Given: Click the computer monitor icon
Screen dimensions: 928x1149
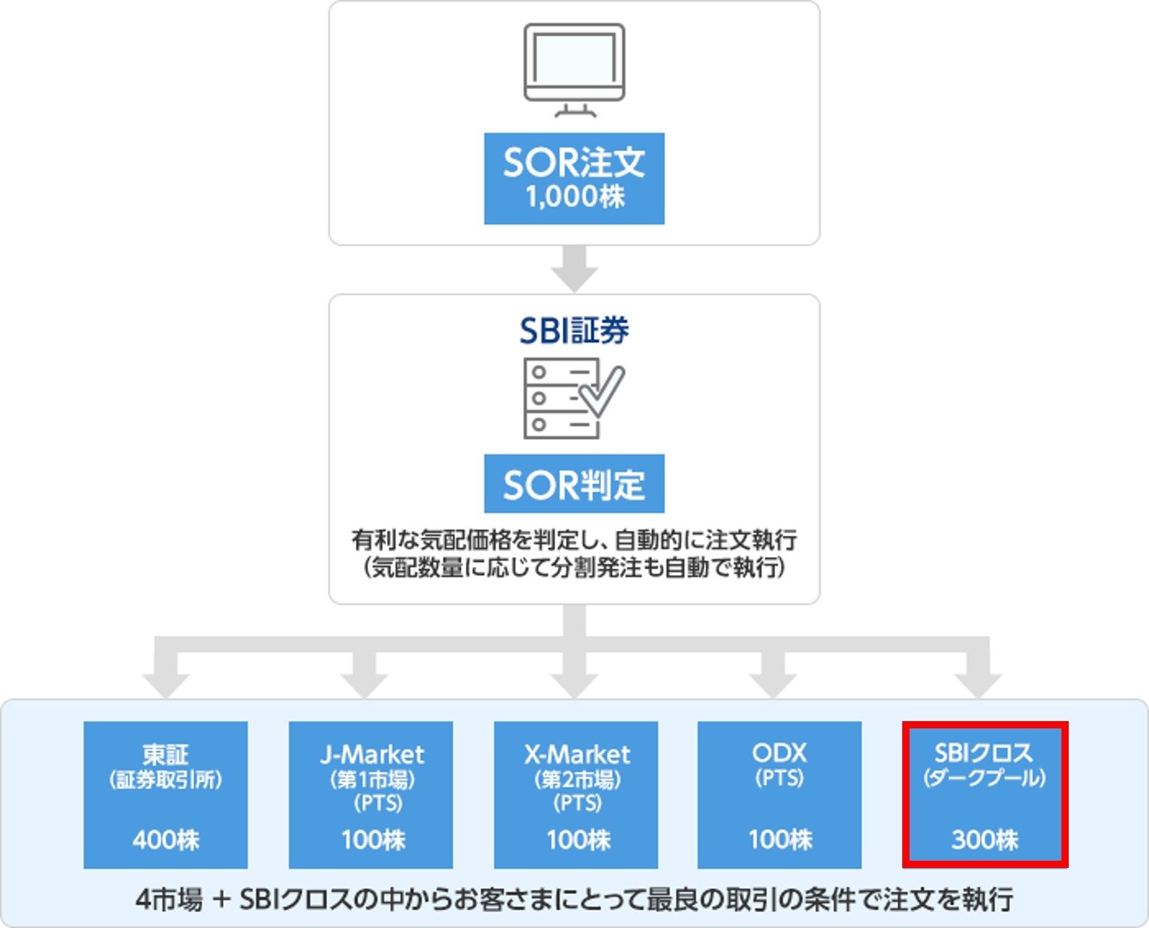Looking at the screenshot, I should tap(574, 69).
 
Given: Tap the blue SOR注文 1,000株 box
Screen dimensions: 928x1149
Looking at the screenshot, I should tap(574, 178).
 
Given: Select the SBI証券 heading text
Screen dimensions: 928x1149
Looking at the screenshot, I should tap(574, 331).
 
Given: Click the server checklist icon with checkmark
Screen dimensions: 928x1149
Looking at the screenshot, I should tap(572, 398).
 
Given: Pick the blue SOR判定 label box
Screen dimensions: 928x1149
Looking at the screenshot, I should tap(574, 484).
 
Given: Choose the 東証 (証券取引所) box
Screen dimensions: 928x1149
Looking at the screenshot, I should tap(165, 794).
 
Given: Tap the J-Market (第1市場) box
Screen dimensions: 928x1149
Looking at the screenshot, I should tap(370, 794).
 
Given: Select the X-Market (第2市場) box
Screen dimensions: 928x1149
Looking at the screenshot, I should tap(576, 794).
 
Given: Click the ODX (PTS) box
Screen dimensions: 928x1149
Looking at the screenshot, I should tap(779, 794).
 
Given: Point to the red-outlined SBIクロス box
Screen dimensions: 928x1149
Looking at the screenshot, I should tap(985, 794).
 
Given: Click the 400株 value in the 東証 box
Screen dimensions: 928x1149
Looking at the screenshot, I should tap(166, 840).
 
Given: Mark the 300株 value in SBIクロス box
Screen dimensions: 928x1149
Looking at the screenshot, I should tap(985, 840).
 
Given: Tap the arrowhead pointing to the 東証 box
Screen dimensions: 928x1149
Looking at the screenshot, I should tap(166, 684).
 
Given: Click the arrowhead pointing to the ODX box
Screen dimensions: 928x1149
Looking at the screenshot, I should tap(773, 684).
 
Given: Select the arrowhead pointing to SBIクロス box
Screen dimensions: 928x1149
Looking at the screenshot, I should tap(978, 684).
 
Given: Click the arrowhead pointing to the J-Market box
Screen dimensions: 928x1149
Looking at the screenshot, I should tap(364, 684).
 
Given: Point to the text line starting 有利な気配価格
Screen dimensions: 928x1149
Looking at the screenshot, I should tap(574, 540).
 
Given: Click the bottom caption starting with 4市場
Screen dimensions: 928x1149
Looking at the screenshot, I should tap(574, 900).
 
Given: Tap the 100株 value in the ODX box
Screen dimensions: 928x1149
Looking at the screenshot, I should tap(780, 840).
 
